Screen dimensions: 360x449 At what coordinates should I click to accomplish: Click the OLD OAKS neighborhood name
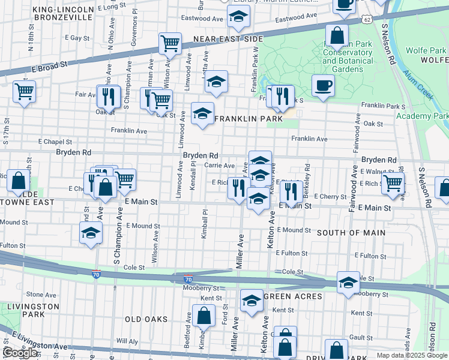pos(146,319)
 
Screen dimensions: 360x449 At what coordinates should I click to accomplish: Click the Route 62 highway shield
pos(367,19)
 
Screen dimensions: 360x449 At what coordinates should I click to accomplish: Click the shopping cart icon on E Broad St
pos(170,43)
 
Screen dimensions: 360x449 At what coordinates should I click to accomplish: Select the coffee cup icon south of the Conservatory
pos(323,85)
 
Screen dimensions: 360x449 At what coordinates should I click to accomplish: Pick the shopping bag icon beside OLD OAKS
pos(203,316)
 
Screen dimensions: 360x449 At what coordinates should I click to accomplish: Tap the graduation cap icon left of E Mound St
pos(91,233)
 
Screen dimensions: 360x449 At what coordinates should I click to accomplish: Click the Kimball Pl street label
pos(204,224)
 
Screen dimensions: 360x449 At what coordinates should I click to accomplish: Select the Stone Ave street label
pos(41,295)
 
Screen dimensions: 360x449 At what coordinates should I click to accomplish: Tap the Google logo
pos(19,353)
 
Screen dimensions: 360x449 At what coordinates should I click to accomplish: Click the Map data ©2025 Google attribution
pos(411,355)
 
